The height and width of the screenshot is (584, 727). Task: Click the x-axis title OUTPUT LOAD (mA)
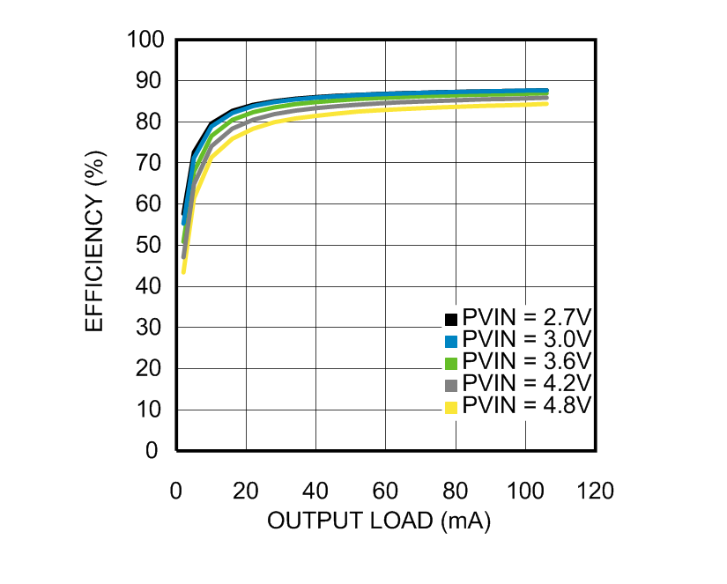pos(379,521)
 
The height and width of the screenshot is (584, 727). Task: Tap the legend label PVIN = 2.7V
pos(526,319)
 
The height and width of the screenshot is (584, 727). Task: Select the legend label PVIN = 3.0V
pos(526,341)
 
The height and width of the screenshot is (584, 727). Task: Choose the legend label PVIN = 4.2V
pos(526,384)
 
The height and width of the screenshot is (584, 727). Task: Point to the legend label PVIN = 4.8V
pos(526,406)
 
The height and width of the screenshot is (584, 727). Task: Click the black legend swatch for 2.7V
pos(451,319)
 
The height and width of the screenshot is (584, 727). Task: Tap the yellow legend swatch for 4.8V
pos(451,406)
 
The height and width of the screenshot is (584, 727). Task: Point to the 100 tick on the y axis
pos(146,40)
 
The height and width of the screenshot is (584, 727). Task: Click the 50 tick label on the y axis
pos(152,246)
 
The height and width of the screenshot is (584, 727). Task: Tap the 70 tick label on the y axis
pos(152,163)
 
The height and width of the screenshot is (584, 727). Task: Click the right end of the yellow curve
pos(547,104)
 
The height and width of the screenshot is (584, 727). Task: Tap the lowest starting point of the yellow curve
pos(183,271)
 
